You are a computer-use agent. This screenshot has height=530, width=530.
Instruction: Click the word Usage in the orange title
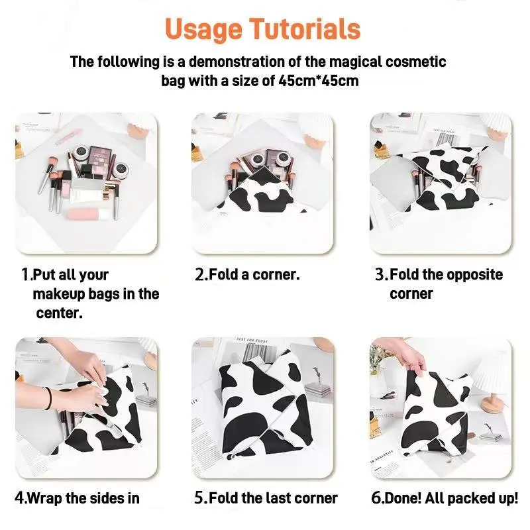click(x=203, y=30)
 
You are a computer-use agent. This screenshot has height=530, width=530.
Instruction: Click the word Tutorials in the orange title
click(x=305, y=28)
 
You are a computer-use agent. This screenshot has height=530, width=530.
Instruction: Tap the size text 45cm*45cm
click(x=319, y=81)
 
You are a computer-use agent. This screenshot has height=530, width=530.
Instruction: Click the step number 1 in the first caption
click(x=25, y=274)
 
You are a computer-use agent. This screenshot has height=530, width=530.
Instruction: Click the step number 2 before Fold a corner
click(x=200, y=274)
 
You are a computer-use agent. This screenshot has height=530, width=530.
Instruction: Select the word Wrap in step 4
click(x=44, y=499)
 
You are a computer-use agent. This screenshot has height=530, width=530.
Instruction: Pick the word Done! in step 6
click(x=403, y=498)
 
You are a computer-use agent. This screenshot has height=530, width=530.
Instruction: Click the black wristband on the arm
click(x=49, y=398)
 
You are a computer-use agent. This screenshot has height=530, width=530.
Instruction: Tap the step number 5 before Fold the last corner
click(x=199, y=498)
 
